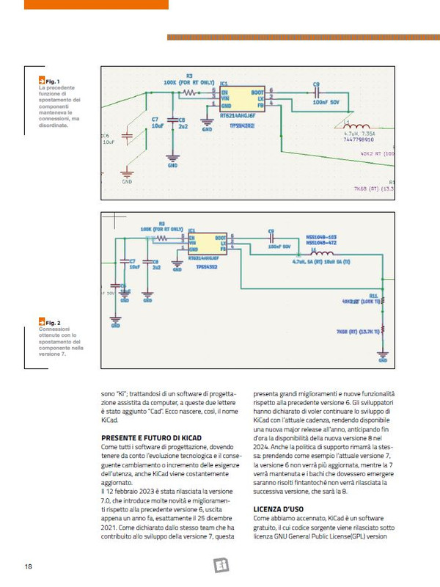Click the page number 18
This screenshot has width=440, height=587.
click(28, 566)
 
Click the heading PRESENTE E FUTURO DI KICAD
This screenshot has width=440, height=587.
click(145, 437)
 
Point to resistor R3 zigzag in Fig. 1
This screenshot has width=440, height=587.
click(189, 94)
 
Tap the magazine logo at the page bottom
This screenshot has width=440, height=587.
click(220, 565)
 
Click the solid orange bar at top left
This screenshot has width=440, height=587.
click(96, 4)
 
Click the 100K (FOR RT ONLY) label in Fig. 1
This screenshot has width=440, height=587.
click(189, 83)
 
